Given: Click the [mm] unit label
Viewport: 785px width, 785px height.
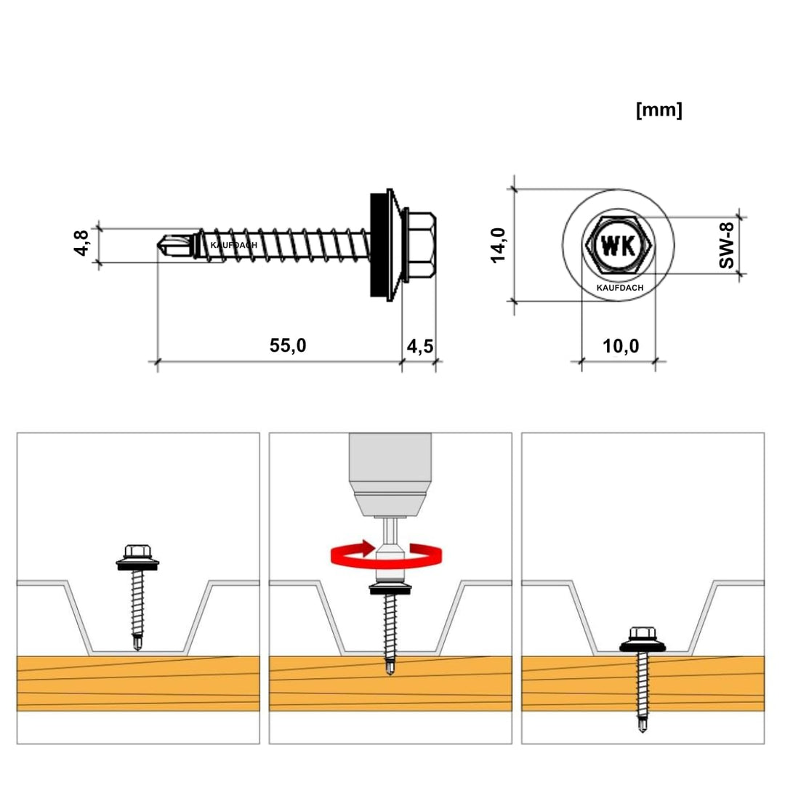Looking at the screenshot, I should click(659, 110).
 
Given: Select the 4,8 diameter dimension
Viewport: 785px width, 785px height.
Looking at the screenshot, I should click(81, 243).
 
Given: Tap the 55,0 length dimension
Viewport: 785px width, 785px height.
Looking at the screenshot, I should click(288, 346).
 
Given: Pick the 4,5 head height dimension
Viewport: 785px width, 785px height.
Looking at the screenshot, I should click(420, 346).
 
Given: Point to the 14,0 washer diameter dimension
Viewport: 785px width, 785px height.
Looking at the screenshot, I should click(499, 245).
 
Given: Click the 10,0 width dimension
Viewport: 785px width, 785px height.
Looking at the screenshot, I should click(620, 346).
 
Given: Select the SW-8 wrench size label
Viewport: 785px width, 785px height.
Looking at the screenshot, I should click(726, 246).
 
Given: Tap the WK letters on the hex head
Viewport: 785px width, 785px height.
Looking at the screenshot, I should click(618, 245).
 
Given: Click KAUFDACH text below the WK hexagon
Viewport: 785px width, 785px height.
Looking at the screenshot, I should click(619, 288).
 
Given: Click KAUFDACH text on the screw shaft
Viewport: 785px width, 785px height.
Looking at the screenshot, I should click(233, 246).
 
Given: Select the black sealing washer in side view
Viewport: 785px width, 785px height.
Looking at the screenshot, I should click(378, 245).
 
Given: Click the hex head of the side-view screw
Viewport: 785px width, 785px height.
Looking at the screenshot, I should click(421, 245).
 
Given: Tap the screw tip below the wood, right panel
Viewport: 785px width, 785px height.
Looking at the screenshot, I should click(642, 724).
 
